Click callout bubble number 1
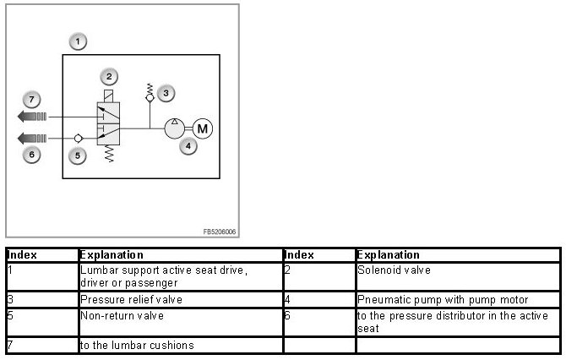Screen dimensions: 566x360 [78, 41]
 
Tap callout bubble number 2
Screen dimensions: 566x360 [108, 76]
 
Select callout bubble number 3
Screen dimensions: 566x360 [167, 92]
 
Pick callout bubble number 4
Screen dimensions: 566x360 [190, 146]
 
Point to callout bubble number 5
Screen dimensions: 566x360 [77, 155]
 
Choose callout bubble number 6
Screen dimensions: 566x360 [30, 155]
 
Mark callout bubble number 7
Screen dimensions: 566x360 [30, 100]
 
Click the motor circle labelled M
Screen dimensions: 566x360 [202, 128]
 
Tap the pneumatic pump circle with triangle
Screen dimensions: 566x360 [175, 128]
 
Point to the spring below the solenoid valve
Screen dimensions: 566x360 [107, 155]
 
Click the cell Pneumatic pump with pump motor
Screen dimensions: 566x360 [444, 299]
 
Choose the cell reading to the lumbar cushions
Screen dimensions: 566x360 [137, 345]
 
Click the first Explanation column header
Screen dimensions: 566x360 [112, 254]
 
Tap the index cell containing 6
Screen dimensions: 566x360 [288, 314]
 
